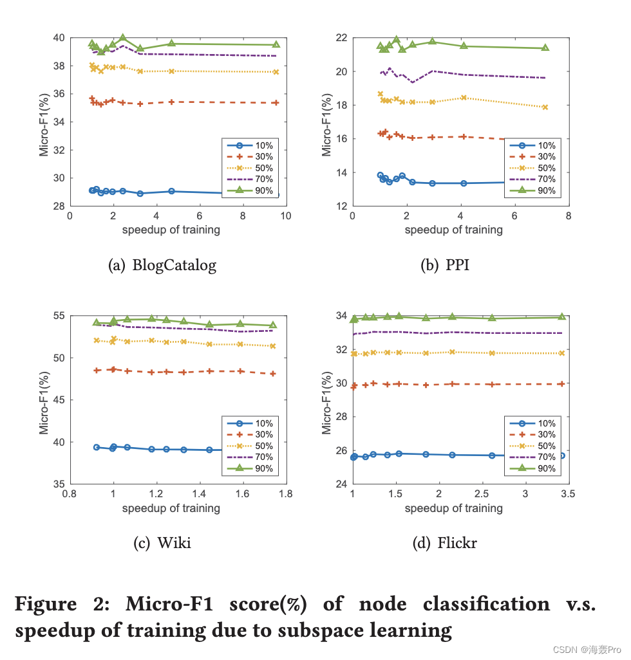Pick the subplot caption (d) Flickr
coord(444,543)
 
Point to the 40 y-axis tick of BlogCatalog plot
coord(58,38)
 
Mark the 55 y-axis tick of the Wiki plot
coord(58,316)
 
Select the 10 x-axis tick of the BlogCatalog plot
coord(285,217)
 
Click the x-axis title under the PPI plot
coord(454,230)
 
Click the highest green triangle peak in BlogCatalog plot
coord(122,38)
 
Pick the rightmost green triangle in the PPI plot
coord(545,48)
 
